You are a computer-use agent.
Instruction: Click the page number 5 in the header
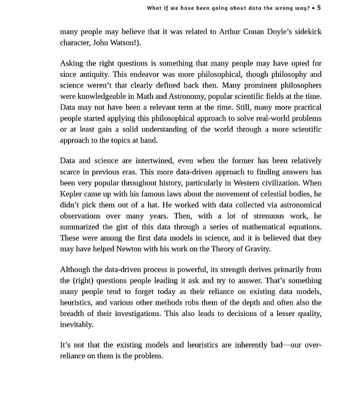coord(319,8)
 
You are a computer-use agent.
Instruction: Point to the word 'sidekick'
coord(307,32)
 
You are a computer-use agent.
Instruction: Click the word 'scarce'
coord(70,172)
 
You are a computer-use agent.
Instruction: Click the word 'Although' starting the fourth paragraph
coord(75,269)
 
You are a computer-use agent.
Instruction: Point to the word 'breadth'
coord(73,313)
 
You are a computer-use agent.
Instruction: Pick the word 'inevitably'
coord(76,324)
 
